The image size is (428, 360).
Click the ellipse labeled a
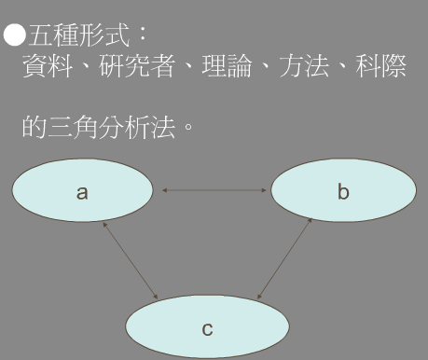(82, 191)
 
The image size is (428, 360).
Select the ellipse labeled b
(343, 193)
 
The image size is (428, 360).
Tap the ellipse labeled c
(207, 326)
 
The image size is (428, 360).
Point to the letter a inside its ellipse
(82, 193)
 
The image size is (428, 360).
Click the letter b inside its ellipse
(343, 193)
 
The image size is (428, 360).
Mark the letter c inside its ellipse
(207, 329)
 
